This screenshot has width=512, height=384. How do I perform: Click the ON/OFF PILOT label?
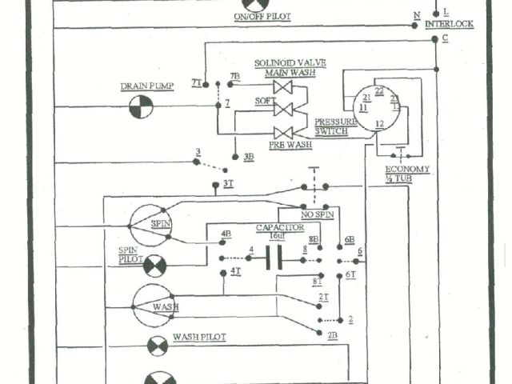pos(262,17)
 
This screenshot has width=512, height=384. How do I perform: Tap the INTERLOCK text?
pos(449,24)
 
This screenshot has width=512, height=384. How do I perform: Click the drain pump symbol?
pos(141,106)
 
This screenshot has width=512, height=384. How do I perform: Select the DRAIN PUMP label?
pos(146,86)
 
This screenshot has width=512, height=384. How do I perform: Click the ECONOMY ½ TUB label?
pos(407,174)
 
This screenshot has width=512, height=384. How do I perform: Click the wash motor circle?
pos(153,306)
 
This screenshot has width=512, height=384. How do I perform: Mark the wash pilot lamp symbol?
pos(158,346)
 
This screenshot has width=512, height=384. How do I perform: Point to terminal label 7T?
pos(196,82)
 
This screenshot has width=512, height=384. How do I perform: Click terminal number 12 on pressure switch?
pos(380,123)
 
